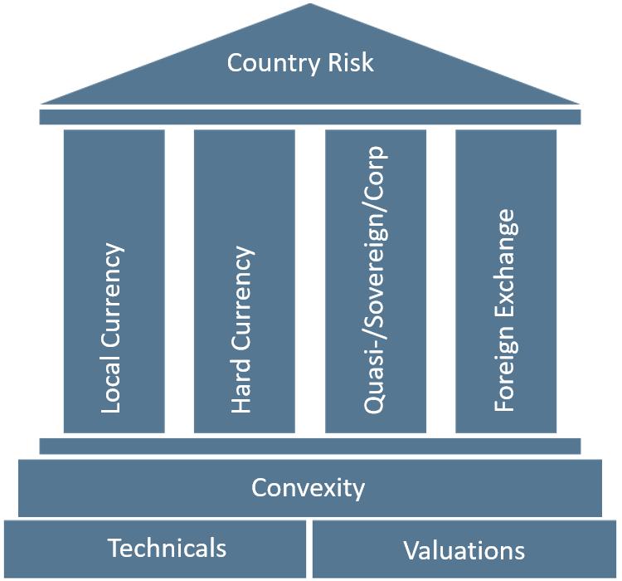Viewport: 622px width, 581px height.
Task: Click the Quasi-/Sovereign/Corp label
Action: point(374,280)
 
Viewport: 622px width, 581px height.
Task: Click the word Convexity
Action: point(308,487)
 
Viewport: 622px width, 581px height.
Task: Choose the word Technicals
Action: point(167,548)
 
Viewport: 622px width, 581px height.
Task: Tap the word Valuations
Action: point(464,550)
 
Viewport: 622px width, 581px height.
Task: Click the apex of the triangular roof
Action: point(310,7)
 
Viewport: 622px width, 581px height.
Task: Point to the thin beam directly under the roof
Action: point(310,116)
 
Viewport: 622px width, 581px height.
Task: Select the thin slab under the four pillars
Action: point(310,446)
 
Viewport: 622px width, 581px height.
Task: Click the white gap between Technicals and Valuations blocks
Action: point(309,549)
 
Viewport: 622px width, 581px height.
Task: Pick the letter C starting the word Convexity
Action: point(259,487)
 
